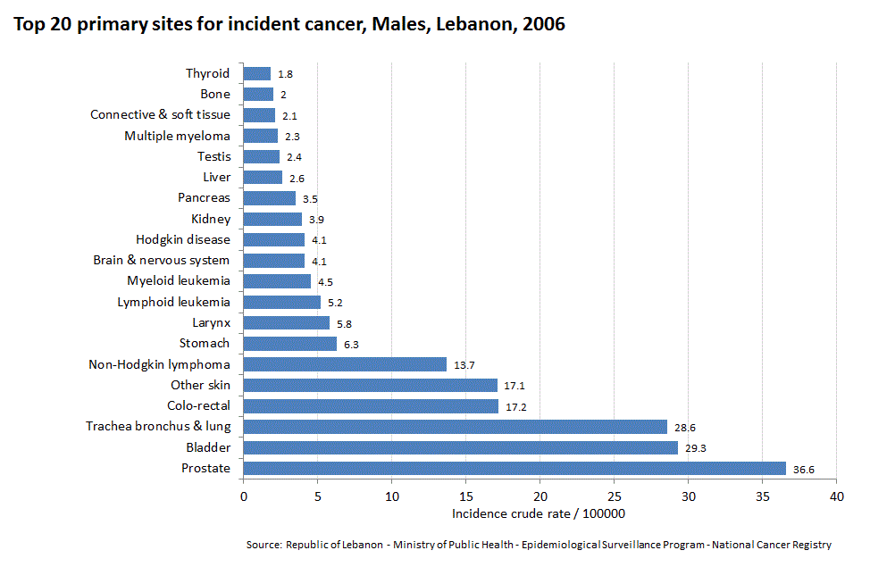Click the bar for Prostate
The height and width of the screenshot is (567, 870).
tap(514, 468)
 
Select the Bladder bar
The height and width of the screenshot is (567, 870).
tap(460, 447)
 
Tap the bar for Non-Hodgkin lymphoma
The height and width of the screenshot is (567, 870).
tap(344, 364)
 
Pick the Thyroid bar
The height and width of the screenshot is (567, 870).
tap(256, 73)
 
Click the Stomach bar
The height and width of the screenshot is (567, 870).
tap(289, 344)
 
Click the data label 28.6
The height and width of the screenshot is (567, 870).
tap(685, 428)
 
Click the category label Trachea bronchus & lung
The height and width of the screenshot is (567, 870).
tap(157, 427)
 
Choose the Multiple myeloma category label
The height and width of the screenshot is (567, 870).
tap(177, 136)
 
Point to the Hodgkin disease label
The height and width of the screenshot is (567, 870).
tap(182, 239)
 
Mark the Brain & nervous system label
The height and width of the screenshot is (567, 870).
tap(161, 261)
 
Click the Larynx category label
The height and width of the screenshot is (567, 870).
tap(211, 322)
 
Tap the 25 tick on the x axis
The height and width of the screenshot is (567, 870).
tap(614, 496)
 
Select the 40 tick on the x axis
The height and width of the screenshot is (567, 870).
tap(836, 496)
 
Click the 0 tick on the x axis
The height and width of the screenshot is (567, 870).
tap(243, 496)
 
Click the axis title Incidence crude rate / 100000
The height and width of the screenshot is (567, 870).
tap(538, 513)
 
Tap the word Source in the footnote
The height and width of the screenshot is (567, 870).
tap(264, 545)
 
